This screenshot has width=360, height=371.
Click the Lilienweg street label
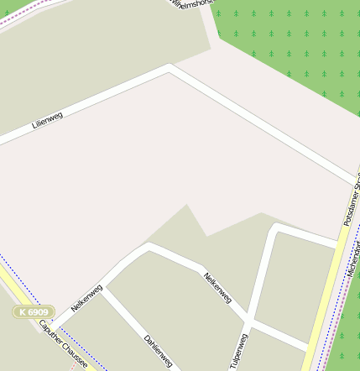(x=47, y=119)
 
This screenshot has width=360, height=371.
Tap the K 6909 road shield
(x=34, y=311)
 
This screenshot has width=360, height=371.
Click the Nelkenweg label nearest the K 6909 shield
(x=86, y=298)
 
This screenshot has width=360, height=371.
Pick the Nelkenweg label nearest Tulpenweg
(x=217, y=287)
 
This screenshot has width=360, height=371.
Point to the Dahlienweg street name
(x=158, y=351)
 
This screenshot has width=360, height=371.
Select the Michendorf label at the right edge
(x=352, y=260)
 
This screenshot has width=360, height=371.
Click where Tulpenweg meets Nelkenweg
(x=248, y=322)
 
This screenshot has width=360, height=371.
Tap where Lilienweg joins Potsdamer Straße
(x=357, y=182)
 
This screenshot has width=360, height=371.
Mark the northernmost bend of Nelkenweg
(x=149, y=247)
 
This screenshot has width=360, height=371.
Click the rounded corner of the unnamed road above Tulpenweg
(x=277, y=228)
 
